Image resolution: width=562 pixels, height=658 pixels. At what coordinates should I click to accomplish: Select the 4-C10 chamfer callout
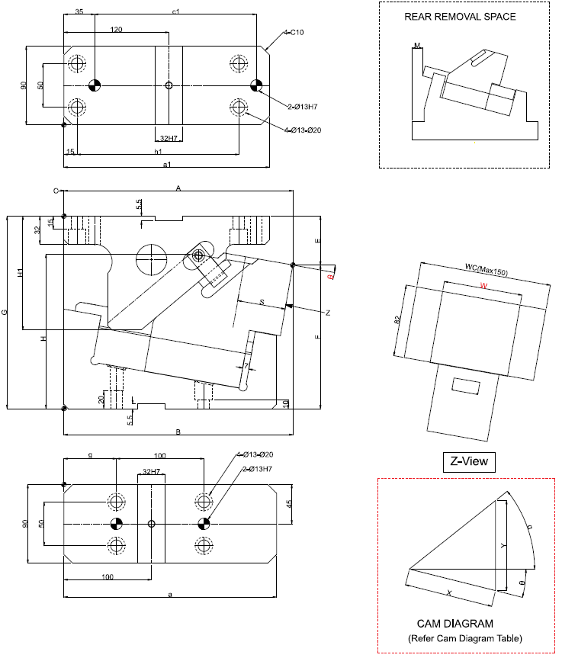pyautogui.click(x=293, y=33)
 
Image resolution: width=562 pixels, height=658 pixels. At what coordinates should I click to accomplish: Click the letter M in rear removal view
pyautogui.click(x=417, y=47)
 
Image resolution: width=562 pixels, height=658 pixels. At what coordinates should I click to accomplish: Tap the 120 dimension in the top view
pyautogui.click(x=116, y=29)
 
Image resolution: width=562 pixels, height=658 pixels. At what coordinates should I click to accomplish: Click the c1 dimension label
pyautogui.click(x=175, y=11)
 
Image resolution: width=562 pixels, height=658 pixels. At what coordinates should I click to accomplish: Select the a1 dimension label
pyautogui.click(x=166, y=164)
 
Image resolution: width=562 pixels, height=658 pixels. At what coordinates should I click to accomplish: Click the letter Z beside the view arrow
pyautogui.click(x=327, y=313)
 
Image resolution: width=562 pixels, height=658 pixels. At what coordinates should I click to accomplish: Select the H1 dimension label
pyautogui.click(x=21, y=273)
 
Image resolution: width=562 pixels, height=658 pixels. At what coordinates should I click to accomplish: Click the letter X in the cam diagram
pyautogui.click(x=448, y=592)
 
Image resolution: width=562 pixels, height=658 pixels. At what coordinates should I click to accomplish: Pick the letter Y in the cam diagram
pyautogui.click(x=503, y=545)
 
